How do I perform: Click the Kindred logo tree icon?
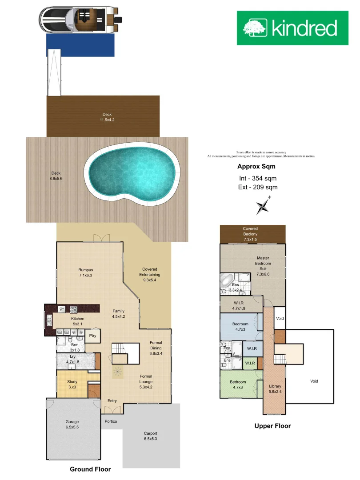(x=255, y=28)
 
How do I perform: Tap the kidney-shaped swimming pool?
(x=132, y=172)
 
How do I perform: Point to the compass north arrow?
(x=264, y=205)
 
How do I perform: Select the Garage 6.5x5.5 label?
(x=72, y=424)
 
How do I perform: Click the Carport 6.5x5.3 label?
(x=151, y=436)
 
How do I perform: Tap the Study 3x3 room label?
(x=72, y=384)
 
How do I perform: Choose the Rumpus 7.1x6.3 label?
(x=85, y=272)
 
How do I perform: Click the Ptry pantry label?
(x=93, y=336)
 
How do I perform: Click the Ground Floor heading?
(x=90, y=469)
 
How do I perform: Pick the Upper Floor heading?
(x=272, y=426)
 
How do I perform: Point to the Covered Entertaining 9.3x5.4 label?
(x=150, y=275)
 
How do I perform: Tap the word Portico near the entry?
(x=111, y=421)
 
